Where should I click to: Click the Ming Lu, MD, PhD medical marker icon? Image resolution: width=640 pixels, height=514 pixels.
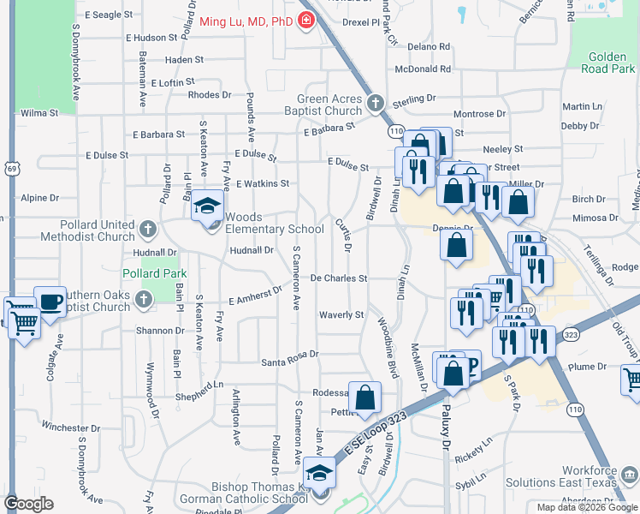tap(305, 21)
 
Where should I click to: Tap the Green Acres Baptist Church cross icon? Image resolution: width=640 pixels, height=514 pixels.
tap(374, 105)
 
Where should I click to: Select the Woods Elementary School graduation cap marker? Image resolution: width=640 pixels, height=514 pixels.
tap(206, 206)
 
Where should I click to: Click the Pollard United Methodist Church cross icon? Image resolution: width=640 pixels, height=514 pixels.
tap(148, 229)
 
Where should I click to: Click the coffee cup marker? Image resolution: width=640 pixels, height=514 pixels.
tap(50, 302)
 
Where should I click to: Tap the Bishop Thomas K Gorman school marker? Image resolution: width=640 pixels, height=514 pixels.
tap(318, 474)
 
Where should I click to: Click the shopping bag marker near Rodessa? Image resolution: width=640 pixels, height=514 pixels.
tap(364, 397)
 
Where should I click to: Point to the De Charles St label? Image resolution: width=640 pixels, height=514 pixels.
tap(338, 278)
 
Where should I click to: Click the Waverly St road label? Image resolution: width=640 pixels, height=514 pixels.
tap(341, 315)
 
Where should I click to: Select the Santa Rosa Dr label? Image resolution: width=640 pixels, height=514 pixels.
tap(289, 354)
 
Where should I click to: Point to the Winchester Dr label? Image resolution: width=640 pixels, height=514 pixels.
tap(71, 427)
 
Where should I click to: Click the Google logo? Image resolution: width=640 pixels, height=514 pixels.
tap(29, 504)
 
